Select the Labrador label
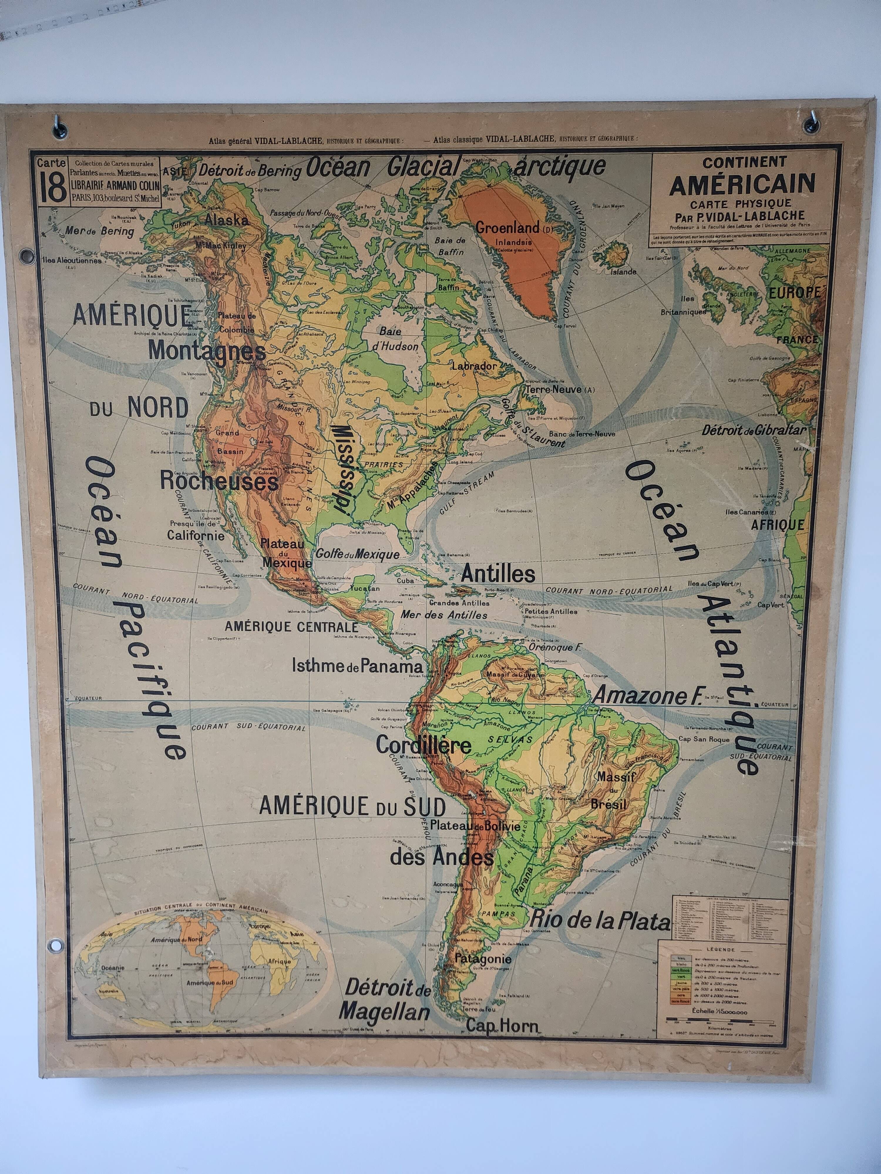tap(474, 366)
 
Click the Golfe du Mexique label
tap(357, 554)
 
